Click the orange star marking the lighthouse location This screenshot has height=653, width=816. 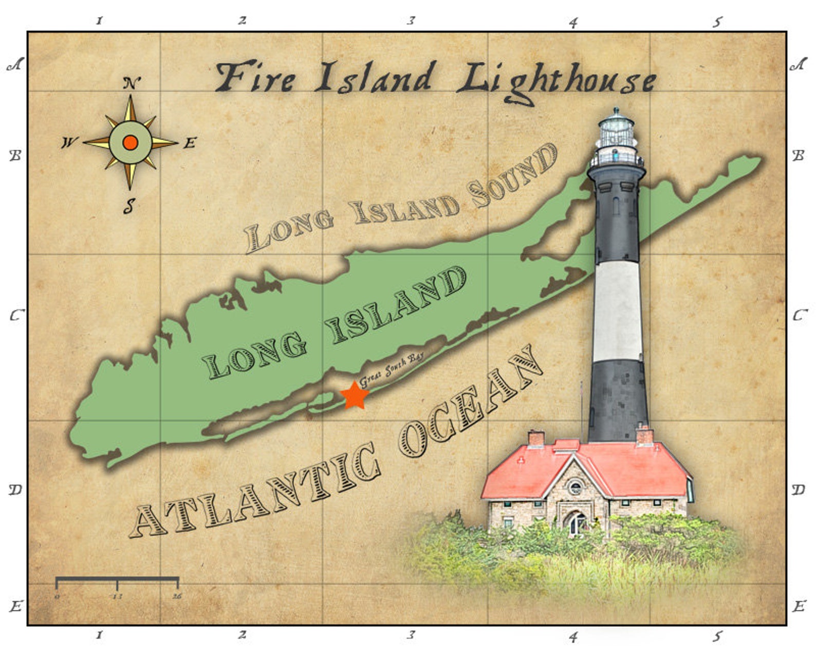[355, 395]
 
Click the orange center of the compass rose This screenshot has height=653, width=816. [131, 142]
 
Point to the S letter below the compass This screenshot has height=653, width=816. [129, 207]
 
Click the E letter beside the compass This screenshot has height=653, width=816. [190, 143]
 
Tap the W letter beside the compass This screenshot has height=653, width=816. [68, 143]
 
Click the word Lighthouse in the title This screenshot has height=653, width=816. [556, 80]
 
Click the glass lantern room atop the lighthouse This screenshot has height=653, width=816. [616, 131]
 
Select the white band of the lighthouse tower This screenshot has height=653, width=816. [618, 311]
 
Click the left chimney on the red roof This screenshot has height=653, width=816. [536, 438]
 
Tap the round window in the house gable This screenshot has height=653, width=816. [576, 486]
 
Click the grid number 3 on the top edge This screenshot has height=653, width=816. [411, 21]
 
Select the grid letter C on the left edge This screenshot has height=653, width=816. [15, 315]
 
